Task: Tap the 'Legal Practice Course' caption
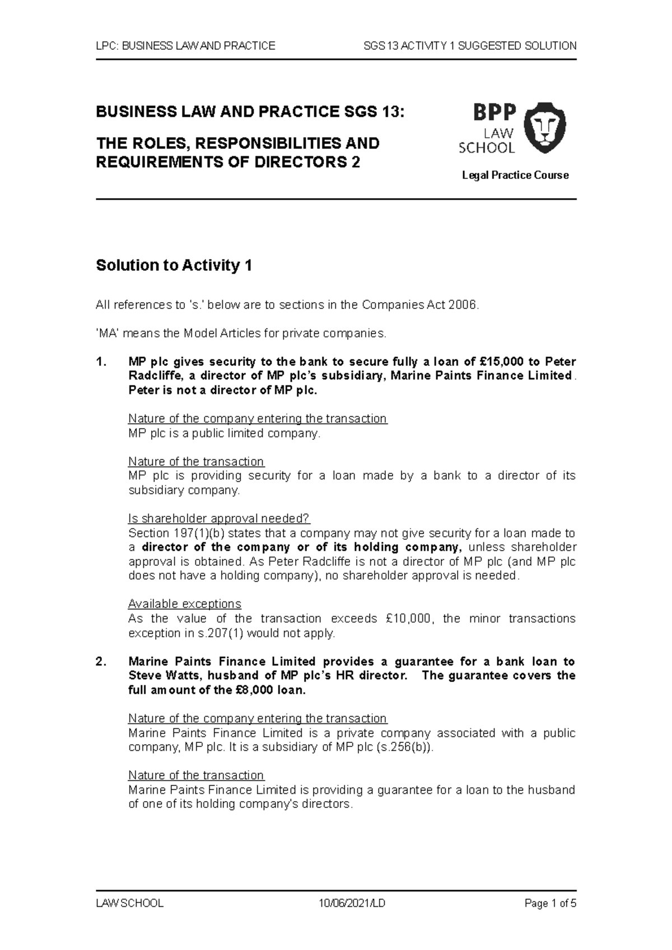pos(515,176)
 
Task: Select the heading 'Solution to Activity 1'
pos(174,265)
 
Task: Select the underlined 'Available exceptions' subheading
pos(184,604)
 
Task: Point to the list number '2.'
pos(100,662)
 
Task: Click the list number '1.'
pos(100,361)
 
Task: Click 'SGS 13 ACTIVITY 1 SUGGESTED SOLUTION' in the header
pos(469,46)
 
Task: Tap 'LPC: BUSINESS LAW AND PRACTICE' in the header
pos(185,46)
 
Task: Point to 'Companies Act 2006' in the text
pos(419,305)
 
